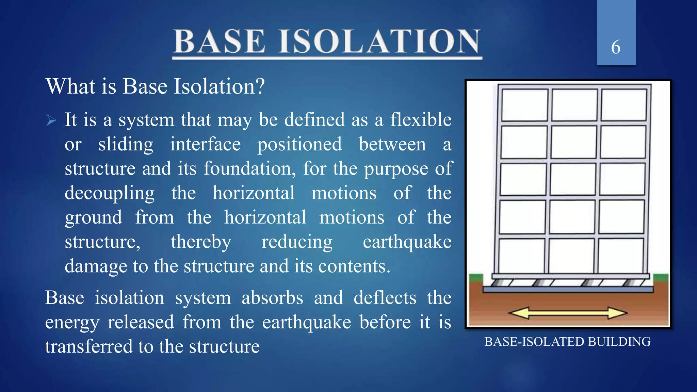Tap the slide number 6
coord(616,47)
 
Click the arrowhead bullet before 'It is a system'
coord(51,120)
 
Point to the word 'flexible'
coord(421,120)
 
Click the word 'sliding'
coord(126,144)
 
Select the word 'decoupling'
coord(110,193)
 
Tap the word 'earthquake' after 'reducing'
coord(407,242)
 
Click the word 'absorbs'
coord(272,298)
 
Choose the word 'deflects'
coord(385,298)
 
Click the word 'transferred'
coord(89,346)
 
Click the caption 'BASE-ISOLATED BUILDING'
coord(567,342)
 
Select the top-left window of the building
coord(524,105)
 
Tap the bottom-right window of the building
coord(620,255)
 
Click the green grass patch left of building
coord(476,278)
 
